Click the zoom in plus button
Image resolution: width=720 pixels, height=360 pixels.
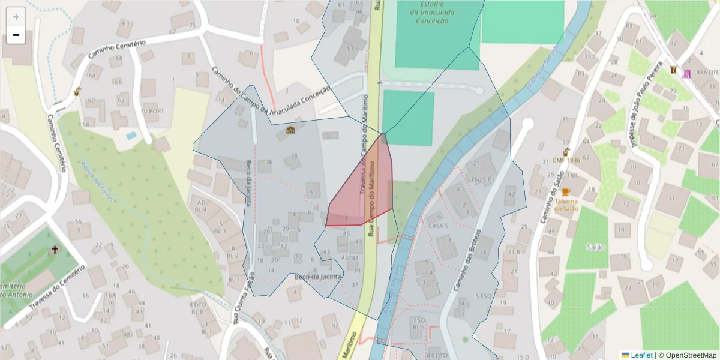click(16, 17)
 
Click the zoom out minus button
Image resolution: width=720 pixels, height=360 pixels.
click(16, 35)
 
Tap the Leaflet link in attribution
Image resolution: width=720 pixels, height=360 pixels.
click(641, 355)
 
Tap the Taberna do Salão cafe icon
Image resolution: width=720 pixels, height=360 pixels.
click(566, 192)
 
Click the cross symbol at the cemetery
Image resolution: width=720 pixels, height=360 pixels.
click(55, 248)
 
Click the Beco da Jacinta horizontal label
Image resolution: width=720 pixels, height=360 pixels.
click(318, 277)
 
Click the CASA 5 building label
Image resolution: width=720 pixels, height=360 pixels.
click(439, 226)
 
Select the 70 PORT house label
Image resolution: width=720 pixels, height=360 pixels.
click(152, 112)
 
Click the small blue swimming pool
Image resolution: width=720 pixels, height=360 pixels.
click(131, 136)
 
